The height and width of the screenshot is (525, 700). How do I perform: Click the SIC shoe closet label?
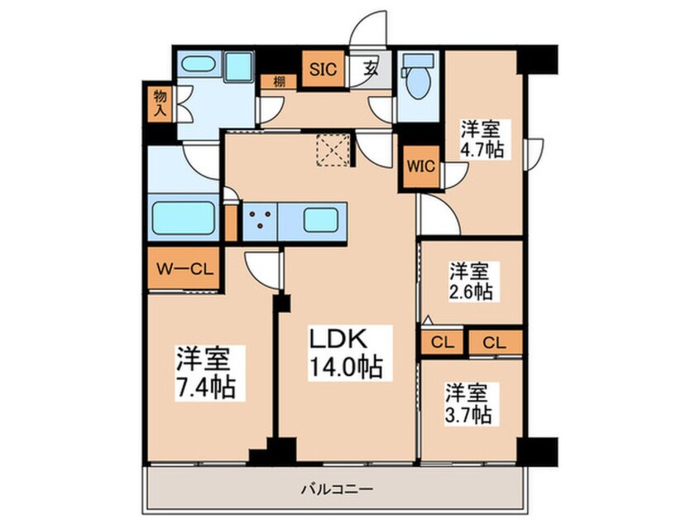(322, 69)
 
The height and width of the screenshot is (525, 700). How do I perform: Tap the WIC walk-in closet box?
(420, 166)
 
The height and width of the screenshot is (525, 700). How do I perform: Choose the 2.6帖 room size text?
(471, 291)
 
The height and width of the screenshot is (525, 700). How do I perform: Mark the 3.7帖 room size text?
(470, 413)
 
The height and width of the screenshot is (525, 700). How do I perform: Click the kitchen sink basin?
(320, 220)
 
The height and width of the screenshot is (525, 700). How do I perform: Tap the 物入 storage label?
(160, 103)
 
